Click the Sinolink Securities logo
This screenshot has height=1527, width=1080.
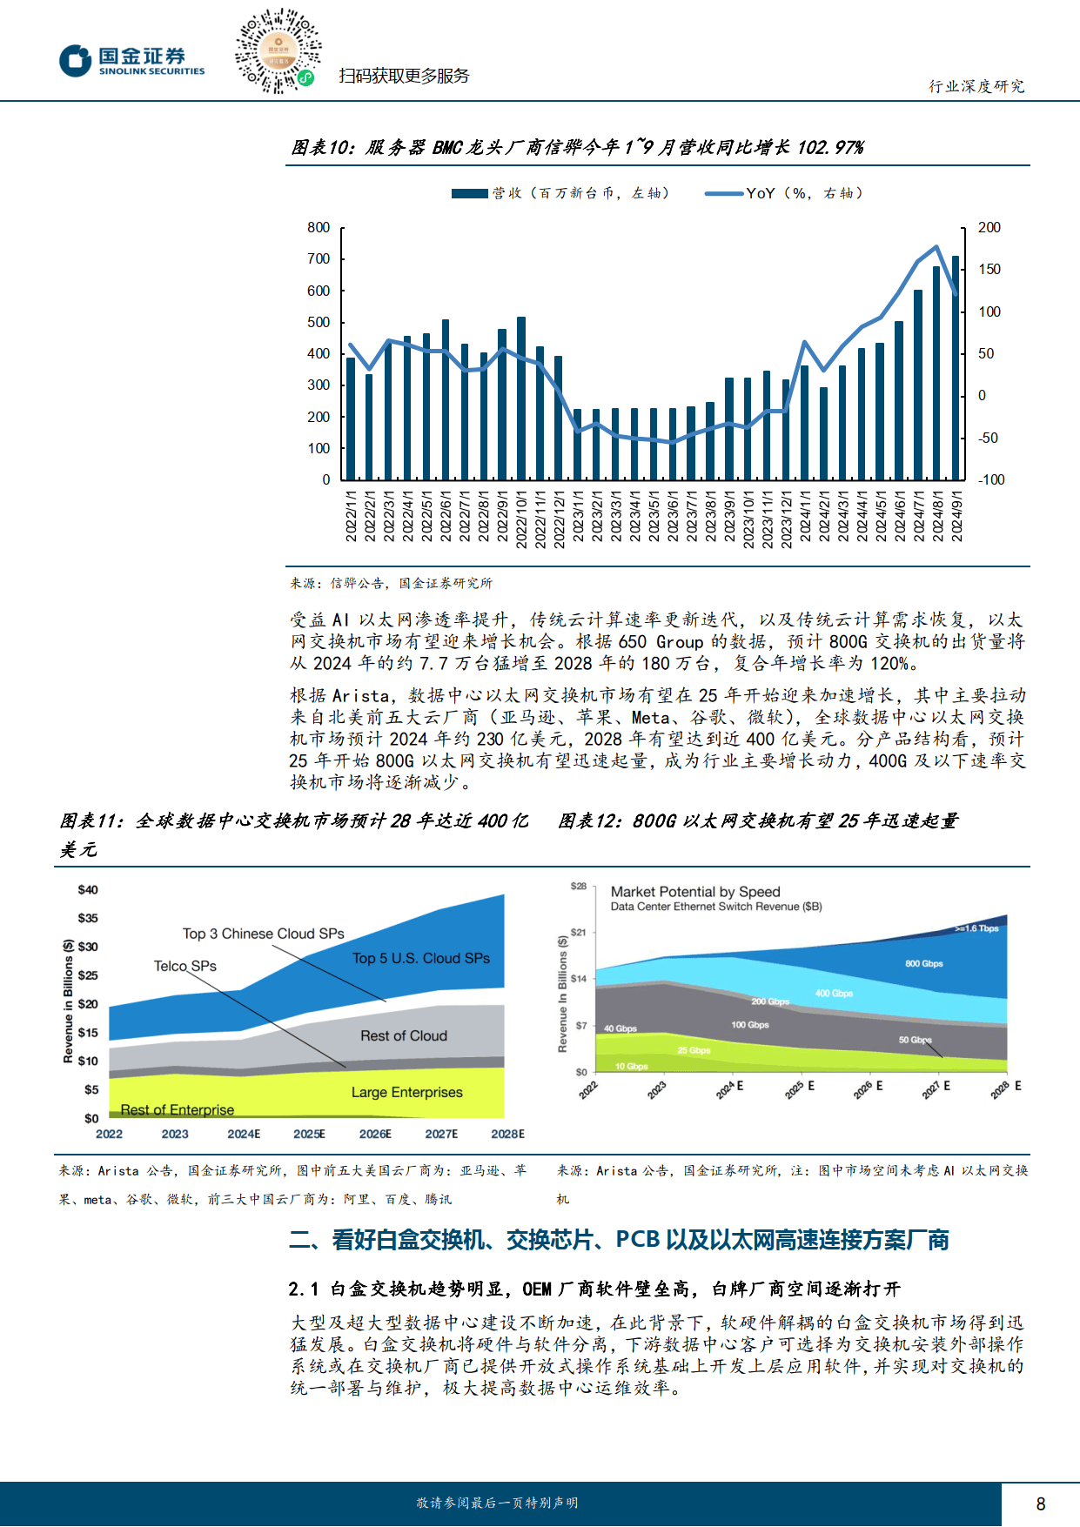(132, 61)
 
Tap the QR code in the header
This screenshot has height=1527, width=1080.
(277, 51)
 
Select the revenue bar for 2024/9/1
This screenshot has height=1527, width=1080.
(956, 367)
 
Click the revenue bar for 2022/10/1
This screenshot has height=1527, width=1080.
(521, 398)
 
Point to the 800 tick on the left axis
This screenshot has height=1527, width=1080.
(319, 228)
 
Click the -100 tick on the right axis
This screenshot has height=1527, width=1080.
(990, 480)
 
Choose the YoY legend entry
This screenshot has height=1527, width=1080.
(783, 193)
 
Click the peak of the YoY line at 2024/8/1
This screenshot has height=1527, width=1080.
(936, 247)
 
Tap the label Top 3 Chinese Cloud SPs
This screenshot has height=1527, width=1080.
(263, 934)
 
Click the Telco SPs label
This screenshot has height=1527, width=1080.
(184, 966)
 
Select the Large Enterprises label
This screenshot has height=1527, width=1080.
(406, 1092)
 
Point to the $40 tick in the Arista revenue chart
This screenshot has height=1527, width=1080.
(88, 890)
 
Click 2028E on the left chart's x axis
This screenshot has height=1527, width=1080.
(507, 1134)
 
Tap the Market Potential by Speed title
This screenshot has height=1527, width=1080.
(694, 892)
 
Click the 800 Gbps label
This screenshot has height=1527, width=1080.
(923, 964)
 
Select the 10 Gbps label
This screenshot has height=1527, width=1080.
(631, 1066)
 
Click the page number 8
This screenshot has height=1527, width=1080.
(1040, 1504)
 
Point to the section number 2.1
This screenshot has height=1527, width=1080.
(304, 1289)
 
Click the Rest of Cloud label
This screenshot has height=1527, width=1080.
(403, 1035)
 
